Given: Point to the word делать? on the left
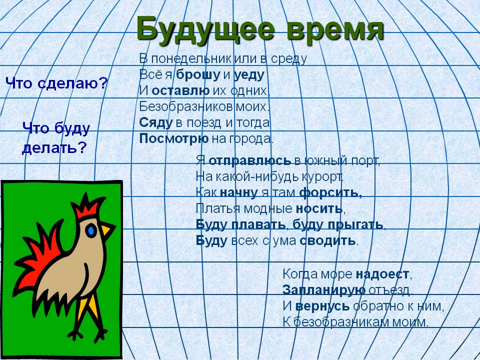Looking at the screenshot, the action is [54, 148].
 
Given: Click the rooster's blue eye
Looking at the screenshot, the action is [91, 230].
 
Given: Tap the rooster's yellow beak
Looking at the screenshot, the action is [107, 229].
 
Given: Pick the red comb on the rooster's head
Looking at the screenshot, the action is [87, 205].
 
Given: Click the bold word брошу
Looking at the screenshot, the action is [198, 74].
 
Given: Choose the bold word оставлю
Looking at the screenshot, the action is [180, 90].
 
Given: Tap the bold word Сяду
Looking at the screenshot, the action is [156, 123].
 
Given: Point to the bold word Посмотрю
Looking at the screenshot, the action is [174, 139].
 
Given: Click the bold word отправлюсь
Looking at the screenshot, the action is [250, 160].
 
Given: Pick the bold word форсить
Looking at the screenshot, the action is [330, 193].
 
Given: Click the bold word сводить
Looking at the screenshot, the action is [327, 240].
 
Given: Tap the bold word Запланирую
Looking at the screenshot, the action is [324, 290].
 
